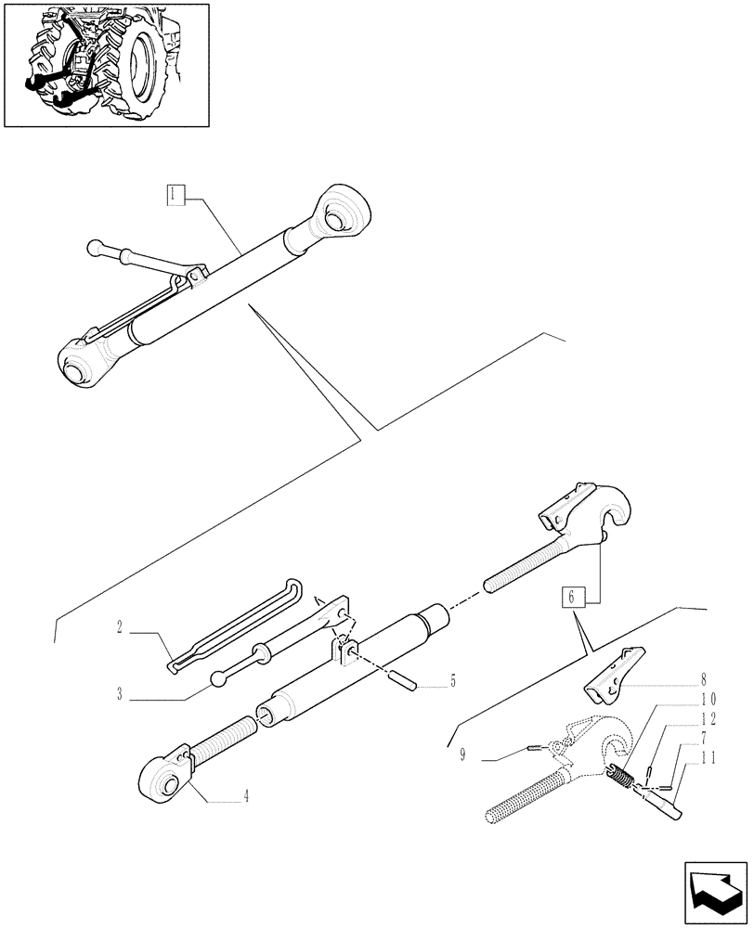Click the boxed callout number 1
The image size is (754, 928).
[175, 194]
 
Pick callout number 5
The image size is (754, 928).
[452, 680]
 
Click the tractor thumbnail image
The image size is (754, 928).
[106, 65]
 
